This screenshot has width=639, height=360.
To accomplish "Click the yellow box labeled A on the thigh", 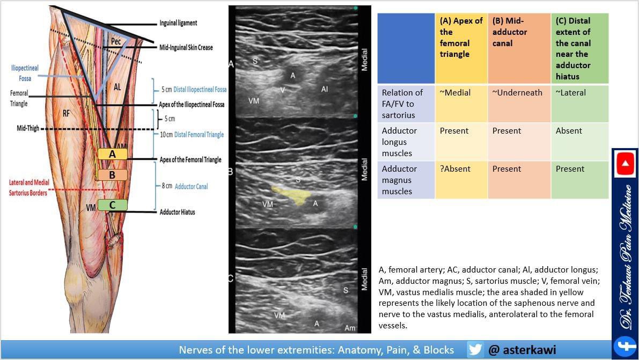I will coord(112,155).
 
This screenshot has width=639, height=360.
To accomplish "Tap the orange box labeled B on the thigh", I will coord(112,175).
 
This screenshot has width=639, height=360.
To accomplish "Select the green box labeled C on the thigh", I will coord(112,205).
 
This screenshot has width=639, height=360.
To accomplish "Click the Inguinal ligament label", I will coord(178,23).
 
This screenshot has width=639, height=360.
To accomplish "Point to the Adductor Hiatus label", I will coord(177,212).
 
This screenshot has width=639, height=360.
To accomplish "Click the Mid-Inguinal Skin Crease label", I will coord(186,47).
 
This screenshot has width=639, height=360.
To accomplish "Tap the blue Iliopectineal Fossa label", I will coord(25,73).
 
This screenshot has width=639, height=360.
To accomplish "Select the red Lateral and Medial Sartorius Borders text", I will coord(29,187).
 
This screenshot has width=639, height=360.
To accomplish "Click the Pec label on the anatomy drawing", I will coord(116,41).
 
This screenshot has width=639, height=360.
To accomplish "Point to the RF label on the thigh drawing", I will coord(67,113).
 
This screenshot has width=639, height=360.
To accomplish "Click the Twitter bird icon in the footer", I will coord(475,350).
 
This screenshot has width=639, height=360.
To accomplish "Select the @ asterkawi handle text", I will coord(522,350).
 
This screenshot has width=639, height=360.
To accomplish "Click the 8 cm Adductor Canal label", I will coord(185,186).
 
